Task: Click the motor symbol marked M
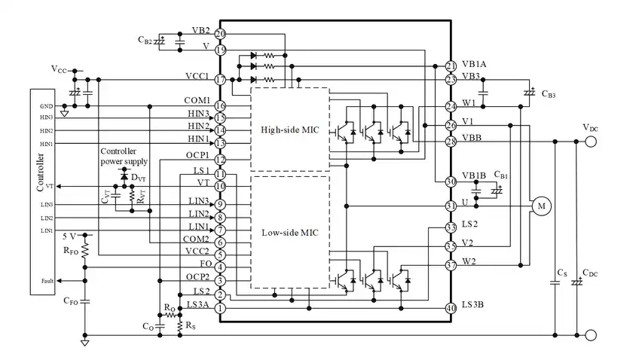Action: [540, 205]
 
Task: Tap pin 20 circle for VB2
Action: [220, 34]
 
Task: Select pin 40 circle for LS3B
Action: [451, 308]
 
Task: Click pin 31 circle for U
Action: [451, 206]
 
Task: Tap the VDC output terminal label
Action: [591, 128]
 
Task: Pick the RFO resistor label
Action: [71, 251]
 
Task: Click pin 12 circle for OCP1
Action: [220, 160]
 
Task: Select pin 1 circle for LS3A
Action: [220, 308]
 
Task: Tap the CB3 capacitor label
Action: [548, 95]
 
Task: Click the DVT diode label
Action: [139, 177]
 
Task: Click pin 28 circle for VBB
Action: [451, 142]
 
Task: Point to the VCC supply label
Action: [60, 69]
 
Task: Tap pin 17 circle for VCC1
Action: [220, 79]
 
